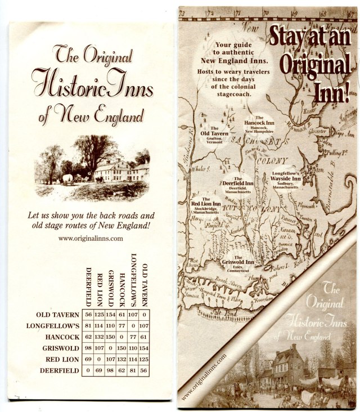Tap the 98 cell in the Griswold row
click(x=88, y=348)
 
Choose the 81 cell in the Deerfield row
click(x=133, y=370)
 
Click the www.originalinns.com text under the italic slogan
click(x=91, y=238)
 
